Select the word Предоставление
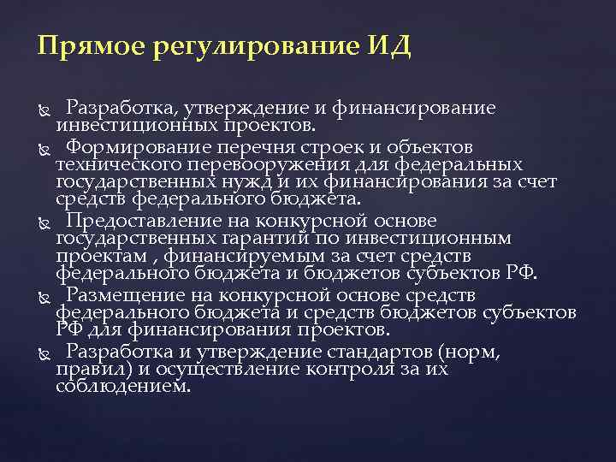point(141,220)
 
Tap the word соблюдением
point(123,387)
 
